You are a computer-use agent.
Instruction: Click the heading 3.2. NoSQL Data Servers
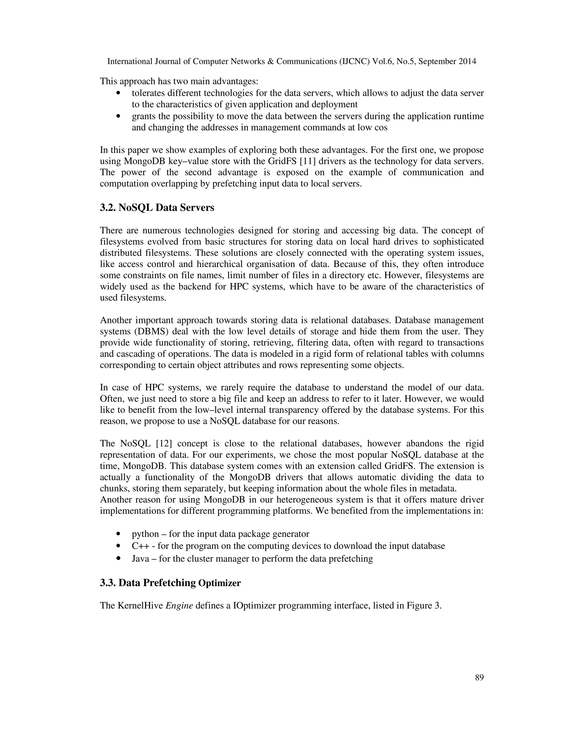click(157, 208)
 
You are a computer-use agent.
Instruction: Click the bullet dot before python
click(119, 534)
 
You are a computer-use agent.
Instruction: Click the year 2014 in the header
click(467, 61)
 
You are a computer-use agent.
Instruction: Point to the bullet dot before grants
click(119, 116)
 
